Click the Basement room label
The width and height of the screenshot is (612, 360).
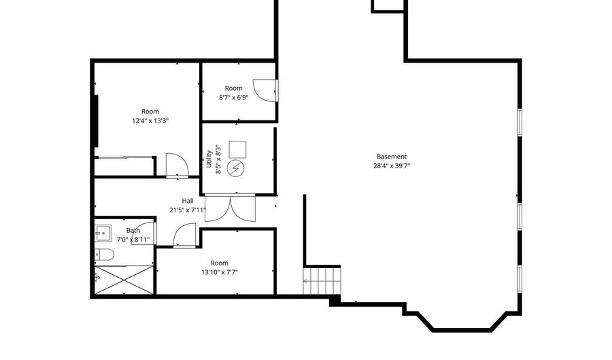(392, 157)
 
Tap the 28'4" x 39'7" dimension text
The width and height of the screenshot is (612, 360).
(392, 166)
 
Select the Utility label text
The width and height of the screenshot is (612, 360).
(209, 159)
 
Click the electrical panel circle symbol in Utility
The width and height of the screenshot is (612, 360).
(237, 168)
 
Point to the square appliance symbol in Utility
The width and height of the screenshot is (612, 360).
(237, 150)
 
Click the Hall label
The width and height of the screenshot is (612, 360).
(188, 201)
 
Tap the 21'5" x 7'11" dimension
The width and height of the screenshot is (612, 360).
(188, 210)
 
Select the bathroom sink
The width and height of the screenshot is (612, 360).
(103, 233)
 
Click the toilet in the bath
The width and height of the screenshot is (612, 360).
(104, 255)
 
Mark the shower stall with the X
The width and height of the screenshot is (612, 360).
(124, 280)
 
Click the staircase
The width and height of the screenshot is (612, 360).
(322, 281)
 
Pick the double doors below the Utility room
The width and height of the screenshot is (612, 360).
(231, 208)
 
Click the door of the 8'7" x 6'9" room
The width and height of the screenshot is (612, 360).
(266, 91)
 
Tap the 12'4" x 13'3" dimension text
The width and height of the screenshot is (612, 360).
(150, 121)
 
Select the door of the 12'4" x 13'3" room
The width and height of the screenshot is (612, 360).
(177, 165)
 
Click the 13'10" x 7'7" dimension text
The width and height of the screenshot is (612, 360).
(220, 272)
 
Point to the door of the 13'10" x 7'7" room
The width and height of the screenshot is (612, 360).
(184, 235)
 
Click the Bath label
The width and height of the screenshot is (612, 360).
(133, 231)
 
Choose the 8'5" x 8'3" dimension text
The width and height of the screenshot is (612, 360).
(218, 159)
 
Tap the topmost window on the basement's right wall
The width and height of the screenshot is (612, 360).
(520, 122)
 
